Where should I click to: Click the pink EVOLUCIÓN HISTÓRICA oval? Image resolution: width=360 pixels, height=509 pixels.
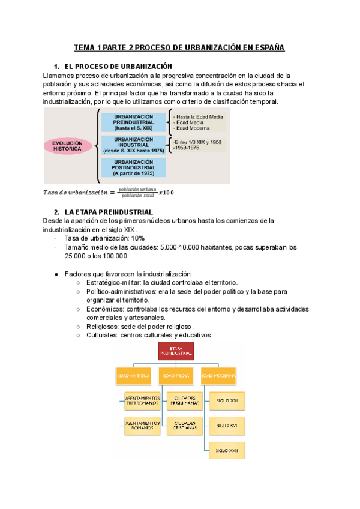(x=67, y=146)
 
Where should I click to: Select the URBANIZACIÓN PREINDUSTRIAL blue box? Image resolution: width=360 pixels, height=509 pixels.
(x=133, y=122)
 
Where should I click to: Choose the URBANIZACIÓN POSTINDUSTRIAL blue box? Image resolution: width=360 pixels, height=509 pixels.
(x=133, y=167)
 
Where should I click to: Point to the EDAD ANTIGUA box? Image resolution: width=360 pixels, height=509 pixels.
(x=133, y=377)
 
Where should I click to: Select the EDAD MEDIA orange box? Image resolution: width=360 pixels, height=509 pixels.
(x=176, y=377)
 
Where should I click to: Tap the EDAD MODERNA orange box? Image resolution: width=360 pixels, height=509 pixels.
(x=218, y=377)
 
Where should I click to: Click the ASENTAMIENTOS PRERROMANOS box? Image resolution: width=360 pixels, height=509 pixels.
(x=142, y=400)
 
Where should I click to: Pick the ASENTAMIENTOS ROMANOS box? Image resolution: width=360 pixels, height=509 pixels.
(x=142, y=425)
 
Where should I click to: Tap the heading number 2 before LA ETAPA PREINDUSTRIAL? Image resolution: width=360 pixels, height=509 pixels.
(x=56, y=212)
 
